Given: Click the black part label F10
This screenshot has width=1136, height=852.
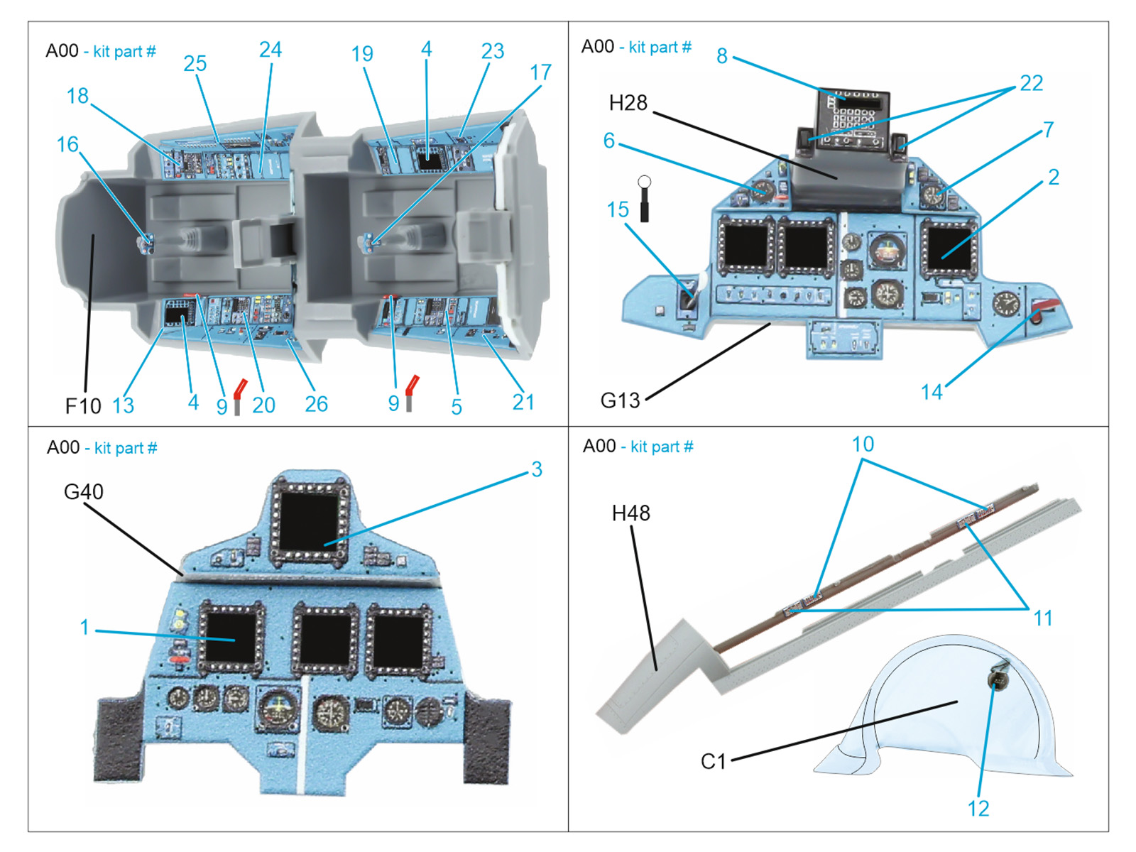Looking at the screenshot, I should pos(83,406).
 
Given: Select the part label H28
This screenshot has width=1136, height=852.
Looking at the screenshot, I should pos(628,104).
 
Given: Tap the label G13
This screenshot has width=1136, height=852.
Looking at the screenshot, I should pos(620,401).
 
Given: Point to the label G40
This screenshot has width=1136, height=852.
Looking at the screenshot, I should pos(83,491).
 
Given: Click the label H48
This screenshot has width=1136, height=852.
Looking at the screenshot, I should pos(630,513).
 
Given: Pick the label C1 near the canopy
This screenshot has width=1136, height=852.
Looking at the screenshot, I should pos(713,762).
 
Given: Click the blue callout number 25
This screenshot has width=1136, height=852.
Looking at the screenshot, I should pos(195,64).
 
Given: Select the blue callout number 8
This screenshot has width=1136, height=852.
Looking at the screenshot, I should pos(722,56).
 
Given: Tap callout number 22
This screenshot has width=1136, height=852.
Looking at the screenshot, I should pos(1031,84).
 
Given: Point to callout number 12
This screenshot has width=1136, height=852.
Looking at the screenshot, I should pos(978,809).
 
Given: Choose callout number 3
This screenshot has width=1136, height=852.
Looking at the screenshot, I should pos(537,469).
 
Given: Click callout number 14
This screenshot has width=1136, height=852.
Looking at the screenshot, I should pos(931,393).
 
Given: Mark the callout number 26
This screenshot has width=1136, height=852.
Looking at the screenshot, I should pos(316,405).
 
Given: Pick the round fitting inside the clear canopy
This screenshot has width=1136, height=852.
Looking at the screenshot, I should pos(998,678).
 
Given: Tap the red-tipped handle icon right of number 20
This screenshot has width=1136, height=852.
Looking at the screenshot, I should pos(239,396).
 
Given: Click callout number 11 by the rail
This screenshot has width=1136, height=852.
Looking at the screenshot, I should pos(1042,619).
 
